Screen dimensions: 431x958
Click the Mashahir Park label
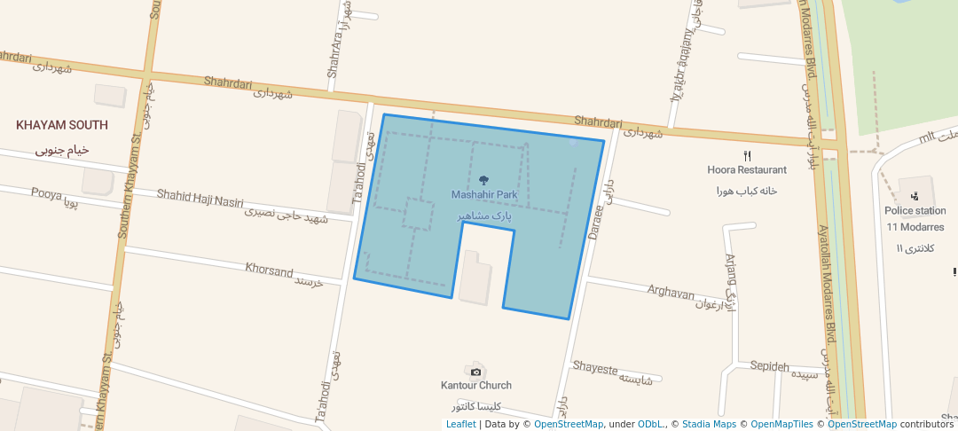click(x=483, y=194)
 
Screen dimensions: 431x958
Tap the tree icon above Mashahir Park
click(x=483, y=181)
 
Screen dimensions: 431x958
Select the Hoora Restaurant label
click(x=747, y=169)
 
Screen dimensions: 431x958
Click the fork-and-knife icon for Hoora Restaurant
click(x=747, y=155)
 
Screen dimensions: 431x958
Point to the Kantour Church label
click(x=476, y=386)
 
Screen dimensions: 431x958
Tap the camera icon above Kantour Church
click(x=476, y=371)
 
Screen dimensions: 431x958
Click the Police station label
click(x=915, y=211)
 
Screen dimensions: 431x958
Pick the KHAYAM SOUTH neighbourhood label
click(x=62, y=125)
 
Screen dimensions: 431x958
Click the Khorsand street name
click(x=269, y=270)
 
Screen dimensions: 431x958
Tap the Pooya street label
click(x=47, y=192)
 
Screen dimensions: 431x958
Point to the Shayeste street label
click(x=594, y=367)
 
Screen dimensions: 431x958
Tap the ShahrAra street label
click(x=334, y=57)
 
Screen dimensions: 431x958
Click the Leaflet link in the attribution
click(x=460, y=424)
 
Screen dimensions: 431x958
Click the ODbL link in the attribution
click(x=651, y=424)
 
